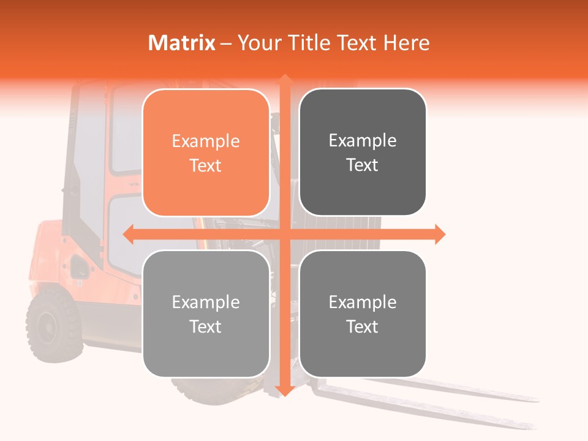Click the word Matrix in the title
coord(181,43)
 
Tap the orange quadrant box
coord(206,153)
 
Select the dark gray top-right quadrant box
coord(363,153)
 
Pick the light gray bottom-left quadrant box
coord(206,314)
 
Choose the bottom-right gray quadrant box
coord(363,314)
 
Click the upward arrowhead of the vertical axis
coord(284,79)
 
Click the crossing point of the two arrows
coord(284,234)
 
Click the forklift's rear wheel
coord(54,324)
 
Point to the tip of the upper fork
coord(533,399)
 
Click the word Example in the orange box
coord(206,141)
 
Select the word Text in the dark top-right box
coord(363,165)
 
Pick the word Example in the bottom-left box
coord(206,302)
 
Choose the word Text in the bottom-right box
coord(363,326)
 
